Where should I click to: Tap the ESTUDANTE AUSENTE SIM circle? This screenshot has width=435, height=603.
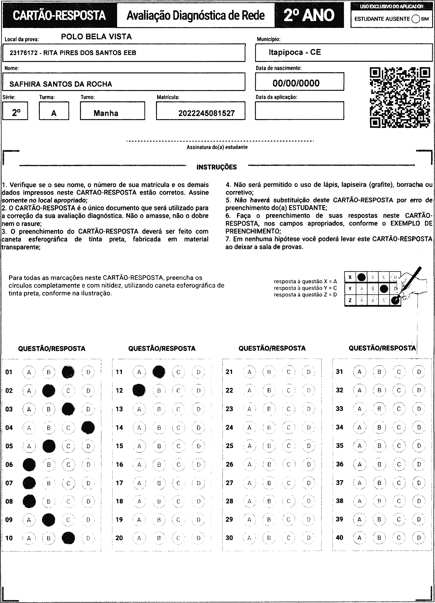[x=416, y=19]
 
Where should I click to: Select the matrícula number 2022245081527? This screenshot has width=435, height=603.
[x=206, y=113]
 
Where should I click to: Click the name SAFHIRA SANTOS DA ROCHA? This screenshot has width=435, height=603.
[x=61, y=84]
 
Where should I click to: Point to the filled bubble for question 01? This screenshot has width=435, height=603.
[x=68, y=372]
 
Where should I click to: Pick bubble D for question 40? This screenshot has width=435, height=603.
[x=419, y=538]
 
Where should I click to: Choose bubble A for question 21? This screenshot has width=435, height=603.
[x=249, y=372]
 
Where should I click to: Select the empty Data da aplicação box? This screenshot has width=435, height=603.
[x=299, y=111]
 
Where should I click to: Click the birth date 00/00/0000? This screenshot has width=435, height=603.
[x=296, y=83]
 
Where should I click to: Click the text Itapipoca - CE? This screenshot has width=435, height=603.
[x=295, y=52]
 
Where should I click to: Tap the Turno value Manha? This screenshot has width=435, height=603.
[x=106, y=113]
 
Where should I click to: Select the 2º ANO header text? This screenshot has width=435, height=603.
[x=309, y=15]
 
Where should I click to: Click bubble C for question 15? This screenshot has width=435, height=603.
[x=178, y=446]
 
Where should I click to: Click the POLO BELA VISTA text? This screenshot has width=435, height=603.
[x=96, y=37]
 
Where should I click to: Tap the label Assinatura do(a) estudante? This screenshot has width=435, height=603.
[x=217, y=147]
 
